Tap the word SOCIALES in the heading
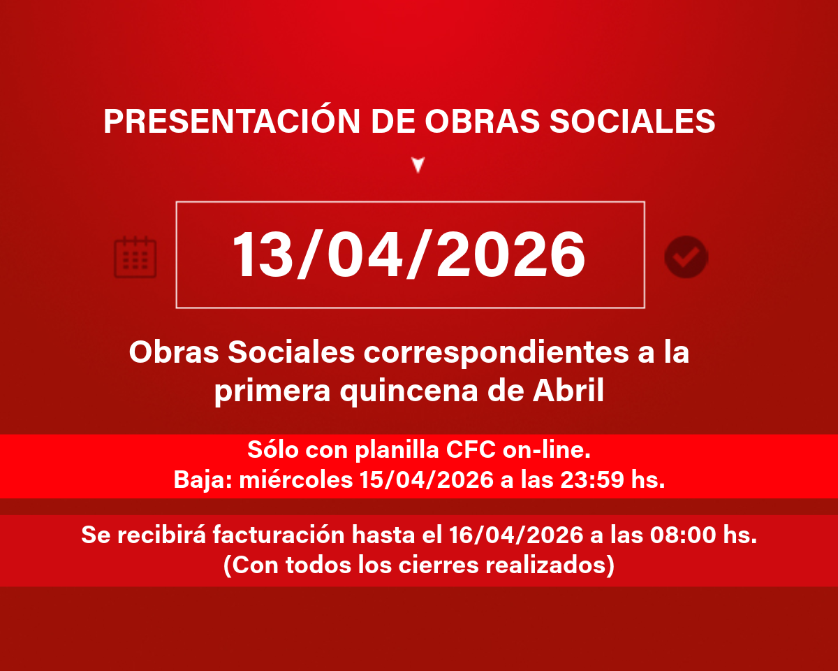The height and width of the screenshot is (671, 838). [x=632, y=121]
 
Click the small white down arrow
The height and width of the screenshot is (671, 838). [x=418, y=164]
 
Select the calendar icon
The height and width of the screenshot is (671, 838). [x=135, y=257]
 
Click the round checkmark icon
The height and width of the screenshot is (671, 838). [x=686, y=257]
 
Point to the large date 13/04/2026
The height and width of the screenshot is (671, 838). [x=409, y=254]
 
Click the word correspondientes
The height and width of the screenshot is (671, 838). [x=496, y=353]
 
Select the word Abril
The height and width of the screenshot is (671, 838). [x=568, y=390]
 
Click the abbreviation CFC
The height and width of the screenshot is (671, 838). [x=471, y=449]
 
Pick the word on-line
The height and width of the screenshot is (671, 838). [x=546, y=449]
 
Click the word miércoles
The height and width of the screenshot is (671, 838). [x=295, y=479]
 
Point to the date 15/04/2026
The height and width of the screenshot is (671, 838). [x=427, y=479]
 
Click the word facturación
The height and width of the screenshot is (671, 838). [x=279, y=534]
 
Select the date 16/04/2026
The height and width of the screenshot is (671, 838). [x=516, y=534]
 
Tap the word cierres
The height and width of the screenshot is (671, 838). [x=439, y=564]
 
